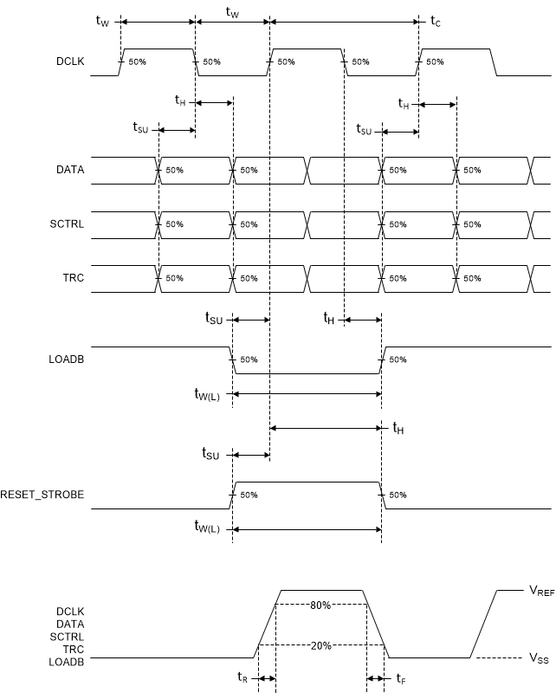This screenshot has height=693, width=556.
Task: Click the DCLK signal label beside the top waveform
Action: (x=69, y=62)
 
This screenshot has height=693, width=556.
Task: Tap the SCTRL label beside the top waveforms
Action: (x=68, y=224)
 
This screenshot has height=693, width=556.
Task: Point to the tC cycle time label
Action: (x=435, y=22)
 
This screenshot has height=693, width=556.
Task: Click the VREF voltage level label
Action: (x=541, y=591)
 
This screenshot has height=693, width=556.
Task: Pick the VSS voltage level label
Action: (x=539, y=658)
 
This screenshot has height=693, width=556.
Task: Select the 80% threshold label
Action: (x=320, y=605)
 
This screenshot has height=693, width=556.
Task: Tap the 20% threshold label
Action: (x=320, y=645)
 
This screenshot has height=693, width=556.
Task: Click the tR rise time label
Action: (x=243, y=679)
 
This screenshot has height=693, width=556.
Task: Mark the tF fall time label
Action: (x=400, y=679)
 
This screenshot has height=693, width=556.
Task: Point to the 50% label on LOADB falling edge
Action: (x=248, y=359)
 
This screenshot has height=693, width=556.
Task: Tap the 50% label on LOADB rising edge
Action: (x=398, y=359)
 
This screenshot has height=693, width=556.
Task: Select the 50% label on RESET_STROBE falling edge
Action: (x=398, y=495)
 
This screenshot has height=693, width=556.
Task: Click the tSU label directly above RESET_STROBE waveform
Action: (x=210, y=454)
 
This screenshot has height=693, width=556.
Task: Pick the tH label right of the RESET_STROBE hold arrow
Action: (x=398, y=427)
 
